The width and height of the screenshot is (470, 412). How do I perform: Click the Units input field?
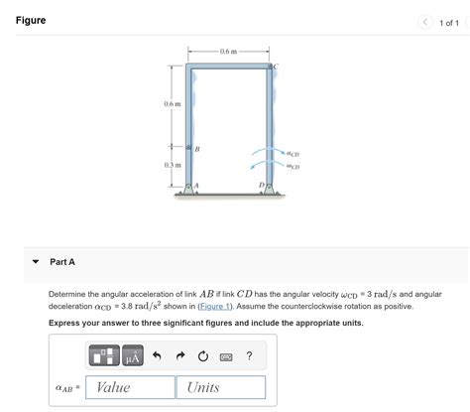click(x=220, y=387)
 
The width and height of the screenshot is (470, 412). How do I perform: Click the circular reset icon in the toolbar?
click(x=202, y=356)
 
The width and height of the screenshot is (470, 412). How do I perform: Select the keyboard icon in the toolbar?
click(x=226, y=356)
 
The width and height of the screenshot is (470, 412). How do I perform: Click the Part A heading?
click(x=62, y=262)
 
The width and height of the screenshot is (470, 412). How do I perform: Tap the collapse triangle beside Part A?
click(x=36, y=262)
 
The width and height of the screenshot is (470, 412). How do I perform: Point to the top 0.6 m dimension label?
click(x=228, y=51)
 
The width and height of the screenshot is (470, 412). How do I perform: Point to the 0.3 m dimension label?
click(x=173, y=165)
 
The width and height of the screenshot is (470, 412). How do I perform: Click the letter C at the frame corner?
click(x=276, y=67)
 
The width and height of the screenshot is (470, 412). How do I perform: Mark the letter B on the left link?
click(x=196, y=149)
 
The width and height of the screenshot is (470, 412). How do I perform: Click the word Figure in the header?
click(x=31, y=21)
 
